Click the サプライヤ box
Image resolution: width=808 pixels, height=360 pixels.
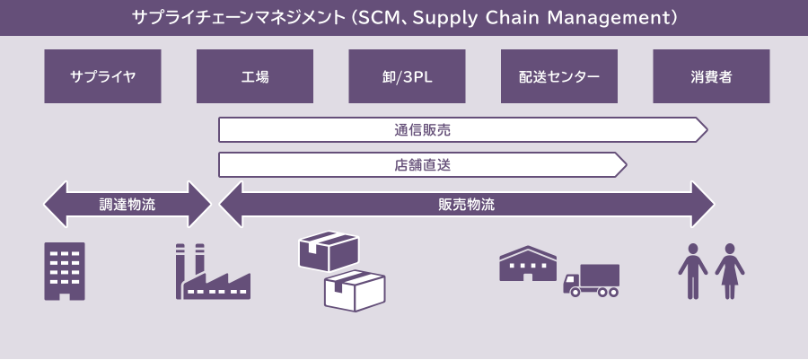[x=102, y=76]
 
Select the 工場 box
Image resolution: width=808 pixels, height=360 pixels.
[x=255, y=76]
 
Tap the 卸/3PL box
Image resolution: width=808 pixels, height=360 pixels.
[x=407, y=76]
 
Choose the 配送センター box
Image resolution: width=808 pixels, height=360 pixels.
[x=559, y=76]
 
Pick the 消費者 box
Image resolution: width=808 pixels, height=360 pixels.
[x=711, y=76]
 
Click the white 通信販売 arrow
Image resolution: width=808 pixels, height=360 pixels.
[x=458, y=130]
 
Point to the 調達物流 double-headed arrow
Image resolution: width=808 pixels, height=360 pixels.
[x=127, y=204]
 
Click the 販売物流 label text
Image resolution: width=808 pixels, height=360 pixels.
[x=466, y=204]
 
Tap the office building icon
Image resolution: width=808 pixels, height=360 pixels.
[x=65, y=270]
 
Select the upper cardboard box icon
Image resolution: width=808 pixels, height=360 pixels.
[x=329, y=250]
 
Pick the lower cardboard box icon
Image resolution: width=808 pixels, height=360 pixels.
[x=355, y=290]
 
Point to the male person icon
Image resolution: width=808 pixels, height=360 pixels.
[x=692, y=270]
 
